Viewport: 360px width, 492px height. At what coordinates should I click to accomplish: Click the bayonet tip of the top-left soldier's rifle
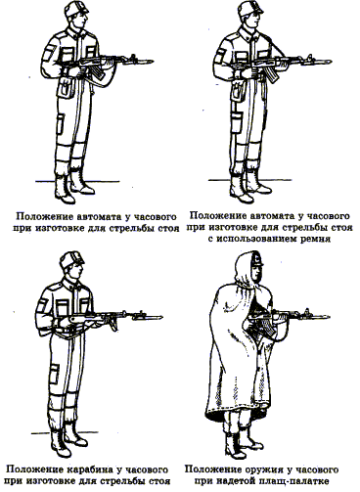[153, 61]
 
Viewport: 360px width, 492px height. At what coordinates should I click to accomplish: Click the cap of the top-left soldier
[76, 9]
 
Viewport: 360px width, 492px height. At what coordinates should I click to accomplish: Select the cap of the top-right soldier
[250, 9]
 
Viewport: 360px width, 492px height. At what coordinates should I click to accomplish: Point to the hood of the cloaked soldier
[247, 271]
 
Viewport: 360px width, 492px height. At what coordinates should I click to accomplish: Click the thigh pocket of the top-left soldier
[61, 124]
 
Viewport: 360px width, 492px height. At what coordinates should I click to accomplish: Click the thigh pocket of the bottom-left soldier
[54, 374]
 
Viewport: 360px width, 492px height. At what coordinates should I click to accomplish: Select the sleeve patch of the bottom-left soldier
[42, 306]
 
